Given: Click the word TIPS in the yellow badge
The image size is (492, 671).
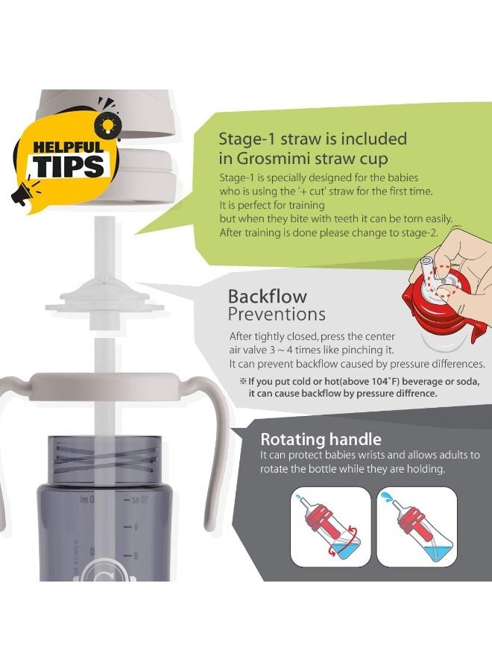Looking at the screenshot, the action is tap(69, 166).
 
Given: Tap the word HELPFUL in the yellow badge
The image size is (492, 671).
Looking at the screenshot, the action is tap(69, 148).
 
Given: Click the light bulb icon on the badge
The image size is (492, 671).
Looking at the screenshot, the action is tap(107, 124).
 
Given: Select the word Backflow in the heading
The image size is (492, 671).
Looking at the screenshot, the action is tap(268, 296).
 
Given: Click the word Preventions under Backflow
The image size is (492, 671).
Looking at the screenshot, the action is tap(277, 314).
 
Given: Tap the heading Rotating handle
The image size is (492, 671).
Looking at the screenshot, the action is tap(321, 439).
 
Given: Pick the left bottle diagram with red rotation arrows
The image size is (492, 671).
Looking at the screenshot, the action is tap(330, 527).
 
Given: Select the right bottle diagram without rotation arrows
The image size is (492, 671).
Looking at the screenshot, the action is tap(417, 527).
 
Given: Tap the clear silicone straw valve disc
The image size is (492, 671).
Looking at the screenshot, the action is tap(105, 300).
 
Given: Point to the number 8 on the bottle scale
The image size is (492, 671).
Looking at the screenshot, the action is tap(136, 556).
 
